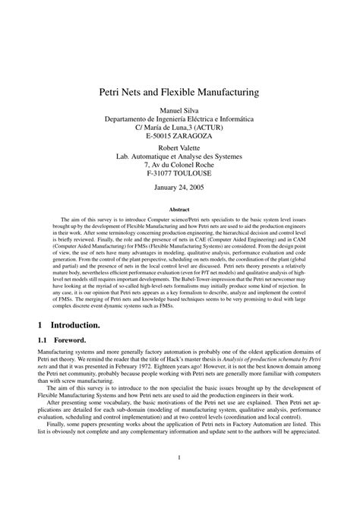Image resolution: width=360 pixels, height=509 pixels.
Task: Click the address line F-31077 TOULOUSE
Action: pos(179,172)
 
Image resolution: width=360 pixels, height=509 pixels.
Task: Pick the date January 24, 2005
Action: pos(179,187)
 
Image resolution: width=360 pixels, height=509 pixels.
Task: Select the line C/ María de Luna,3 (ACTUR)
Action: pos(179,127)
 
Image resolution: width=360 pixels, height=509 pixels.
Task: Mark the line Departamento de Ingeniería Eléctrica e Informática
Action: pos(179,119)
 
